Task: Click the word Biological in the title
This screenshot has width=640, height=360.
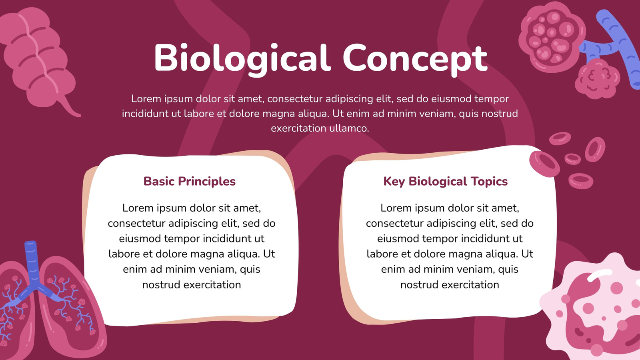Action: click(242, 58)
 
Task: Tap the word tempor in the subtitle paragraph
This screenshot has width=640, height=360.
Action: click(492, 99)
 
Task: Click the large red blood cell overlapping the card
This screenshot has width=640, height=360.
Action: click(544, 164)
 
